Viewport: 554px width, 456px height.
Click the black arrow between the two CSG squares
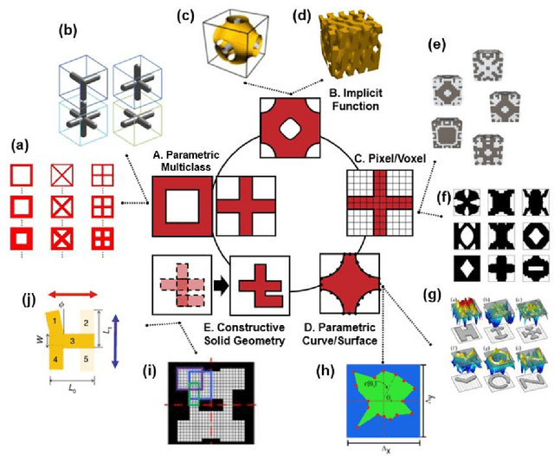[x=221, y=283]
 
